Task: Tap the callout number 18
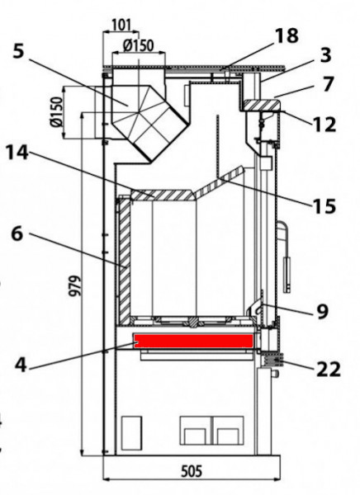click(x=286, y=36)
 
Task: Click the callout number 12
click(x=324, y=124)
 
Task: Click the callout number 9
click(x=321, y=311)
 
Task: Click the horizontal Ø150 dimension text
click(x=137, y=45)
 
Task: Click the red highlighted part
click(x=193, y=341)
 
